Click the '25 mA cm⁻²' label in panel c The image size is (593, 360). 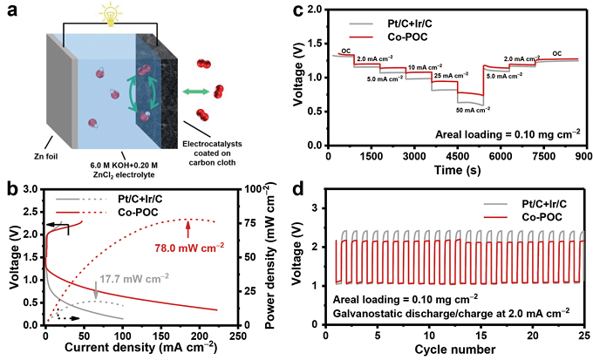click(454, 76)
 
